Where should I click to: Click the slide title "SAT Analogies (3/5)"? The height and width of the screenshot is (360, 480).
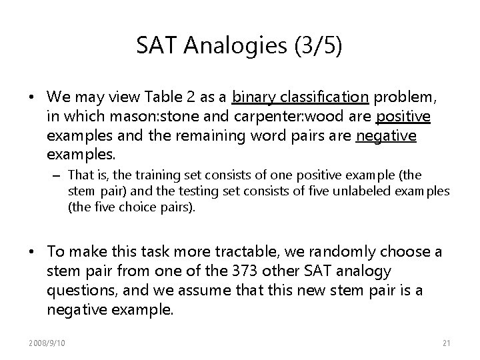[x=240, y=46]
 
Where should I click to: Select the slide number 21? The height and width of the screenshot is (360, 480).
[x=447, y=342]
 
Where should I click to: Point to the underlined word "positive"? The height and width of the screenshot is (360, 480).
[x=403, y=117]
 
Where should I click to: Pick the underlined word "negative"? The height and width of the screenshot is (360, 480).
[x=387, y=136]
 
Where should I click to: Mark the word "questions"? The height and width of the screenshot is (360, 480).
[x=77, y=291]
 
